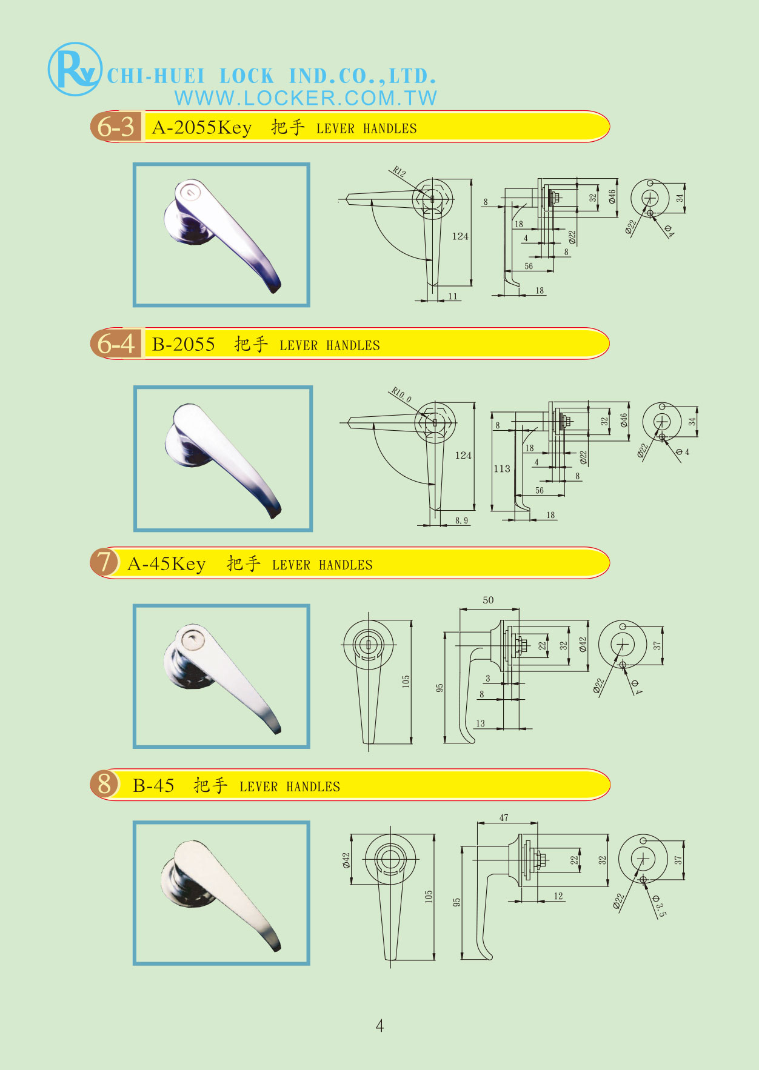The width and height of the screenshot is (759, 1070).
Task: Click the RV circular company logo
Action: [75, 69]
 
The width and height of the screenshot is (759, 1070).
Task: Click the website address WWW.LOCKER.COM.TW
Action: [306, 98]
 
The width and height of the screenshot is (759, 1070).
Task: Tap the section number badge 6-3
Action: [116, 127]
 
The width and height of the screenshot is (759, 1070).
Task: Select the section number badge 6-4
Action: [116, 344]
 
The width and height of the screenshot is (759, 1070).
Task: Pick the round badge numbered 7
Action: [104, 562]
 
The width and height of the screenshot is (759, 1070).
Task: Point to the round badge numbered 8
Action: [104, 783]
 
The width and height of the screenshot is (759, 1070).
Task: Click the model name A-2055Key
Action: [201, 127]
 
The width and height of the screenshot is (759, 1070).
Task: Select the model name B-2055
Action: [183, 344]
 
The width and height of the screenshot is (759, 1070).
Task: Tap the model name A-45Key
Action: [166, 563]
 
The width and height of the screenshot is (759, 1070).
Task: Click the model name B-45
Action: [153, 785]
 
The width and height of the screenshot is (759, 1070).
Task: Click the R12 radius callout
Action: [399, 171]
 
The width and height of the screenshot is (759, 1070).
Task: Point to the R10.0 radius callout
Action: [401, 394]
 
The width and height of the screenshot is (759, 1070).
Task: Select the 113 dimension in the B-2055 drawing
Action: [501, 468]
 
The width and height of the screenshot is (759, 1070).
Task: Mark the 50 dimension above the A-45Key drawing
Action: [488, 600]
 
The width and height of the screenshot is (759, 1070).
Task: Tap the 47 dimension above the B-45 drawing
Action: [504, 817]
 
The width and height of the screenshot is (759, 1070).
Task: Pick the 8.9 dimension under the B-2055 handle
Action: [461, 520]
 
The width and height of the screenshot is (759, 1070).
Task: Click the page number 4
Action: [379, 1025]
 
